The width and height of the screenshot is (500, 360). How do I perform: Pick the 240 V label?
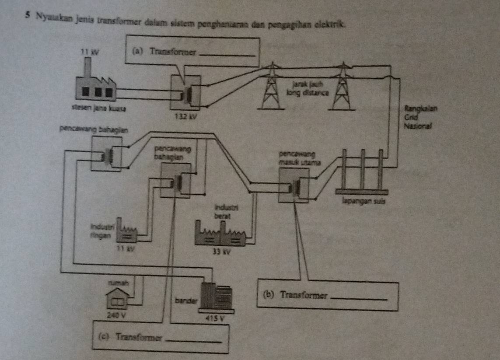(115, 315)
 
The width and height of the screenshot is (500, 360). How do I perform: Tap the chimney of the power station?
(88, 68)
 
